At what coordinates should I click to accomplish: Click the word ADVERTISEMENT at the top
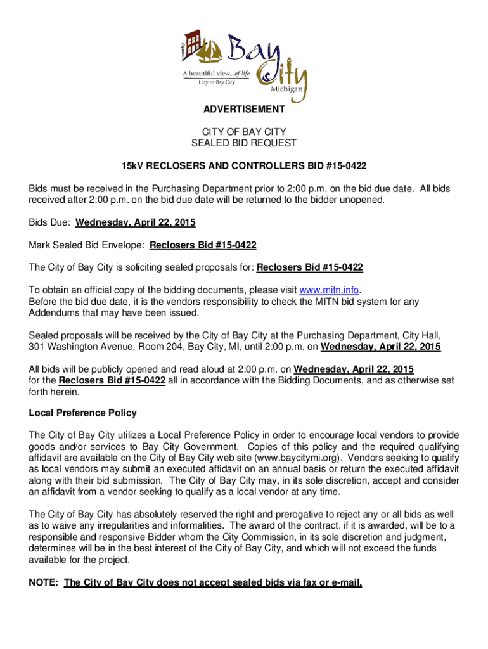(244, 110)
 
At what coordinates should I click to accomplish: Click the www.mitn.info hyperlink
(330, 290)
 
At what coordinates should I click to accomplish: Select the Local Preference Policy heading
(82, 413)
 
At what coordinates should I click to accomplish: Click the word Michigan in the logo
(291, 90)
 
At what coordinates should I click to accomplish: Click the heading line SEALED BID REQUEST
(244, 143)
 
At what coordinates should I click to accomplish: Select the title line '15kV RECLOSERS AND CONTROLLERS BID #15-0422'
(244, 165)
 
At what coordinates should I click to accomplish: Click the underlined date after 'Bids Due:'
(136, 222)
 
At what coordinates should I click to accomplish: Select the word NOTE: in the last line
(44, 582)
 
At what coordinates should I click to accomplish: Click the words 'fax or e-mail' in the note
(330, 582)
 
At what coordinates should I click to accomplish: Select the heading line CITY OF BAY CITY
(244, 132)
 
